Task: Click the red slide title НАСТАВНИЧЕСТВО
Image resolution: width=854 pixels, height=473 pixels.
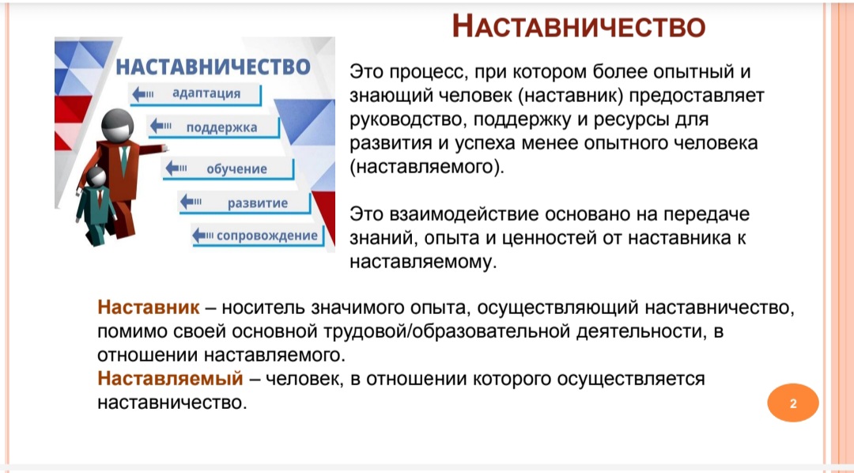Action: [x=579, y=26]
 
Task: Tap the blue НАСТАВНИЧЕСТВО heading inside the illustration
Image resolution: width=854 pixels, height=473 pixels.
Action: [x=213, y=66]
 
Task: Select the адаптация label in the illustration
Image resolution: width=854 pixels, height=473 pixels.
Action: [x=206, y=93]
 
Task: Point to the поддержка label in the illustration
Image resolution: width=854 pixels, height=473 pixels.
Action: [x=221, y=127]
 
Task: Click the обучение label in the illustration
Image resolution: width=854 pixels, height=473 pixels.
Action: [x=236, y=169]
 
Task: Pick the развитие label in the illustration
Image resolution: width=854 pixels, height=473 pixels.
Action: [x=258, y=203]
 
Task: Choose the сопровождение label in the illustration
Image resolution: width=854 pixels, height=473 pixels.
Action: [x=267, y=236]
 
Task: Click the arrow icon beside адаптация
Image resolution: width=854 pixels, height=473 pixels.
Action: [x=142, y=93]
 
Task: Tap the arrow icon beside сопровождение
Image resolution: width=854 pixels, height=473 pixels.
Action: [x=203, y=236]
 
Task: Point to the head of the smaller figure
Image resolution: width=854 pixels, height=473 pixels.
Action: [x=96, y=178]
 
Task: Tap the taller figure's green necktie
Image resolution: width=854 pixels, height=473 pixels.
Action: [x=124, y=161]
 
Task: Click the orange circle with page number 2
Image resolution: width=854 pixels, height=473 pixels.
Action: [x=793, y=403]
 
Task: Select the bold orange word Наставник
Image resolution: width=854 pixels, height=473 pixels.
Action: [x=149, y=308]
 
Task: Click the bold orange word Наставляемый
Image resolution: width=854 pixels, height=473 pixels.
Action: [x=170, y=378]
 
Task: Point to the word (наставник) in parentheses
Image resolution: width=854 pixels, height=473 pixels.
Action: [x=571, y=96]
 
